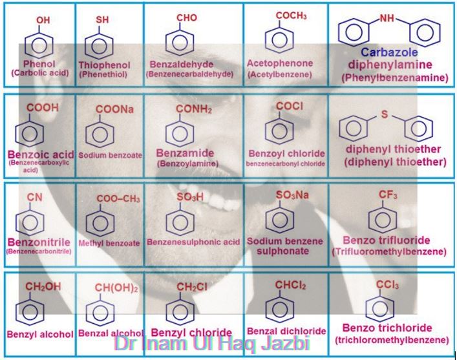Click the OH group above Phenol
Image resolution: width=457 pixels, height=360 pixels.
tap(43, 21)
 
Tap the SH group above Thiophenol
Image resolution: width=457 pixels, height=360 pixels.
tap(103, 20)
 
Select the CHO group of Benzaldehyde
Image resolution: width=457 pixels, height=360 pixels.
tap(186, 18)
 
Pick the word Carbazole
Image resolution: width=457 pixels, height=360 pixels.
tap(389, 52)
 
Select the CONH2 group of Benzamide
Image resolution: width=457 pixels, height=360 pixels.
tap(194, 109)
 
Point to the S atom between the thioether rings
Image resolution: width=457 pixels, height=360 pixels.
tap(383, 114)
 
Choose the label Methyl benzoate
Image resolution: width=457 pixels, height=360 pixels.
tap(109, 243)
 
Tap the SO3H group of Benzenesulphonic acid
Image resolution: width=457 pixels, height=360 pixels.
tap(189, 196)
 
